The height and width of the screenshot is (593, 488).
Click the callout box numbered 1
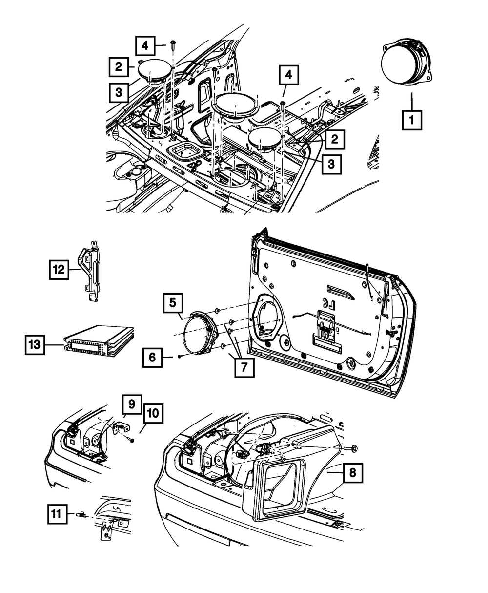(x=412, y=120)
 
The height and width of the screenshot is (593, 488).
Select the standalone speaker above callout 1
(x=406, y=64)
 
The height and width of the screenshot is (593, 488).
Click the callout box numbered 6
(x=153, y=358)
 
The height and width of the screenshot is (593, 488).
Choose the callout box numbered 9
(x=131, y=404)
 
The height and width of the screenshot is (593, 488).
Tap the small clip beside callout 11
(x=82, y=514)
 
